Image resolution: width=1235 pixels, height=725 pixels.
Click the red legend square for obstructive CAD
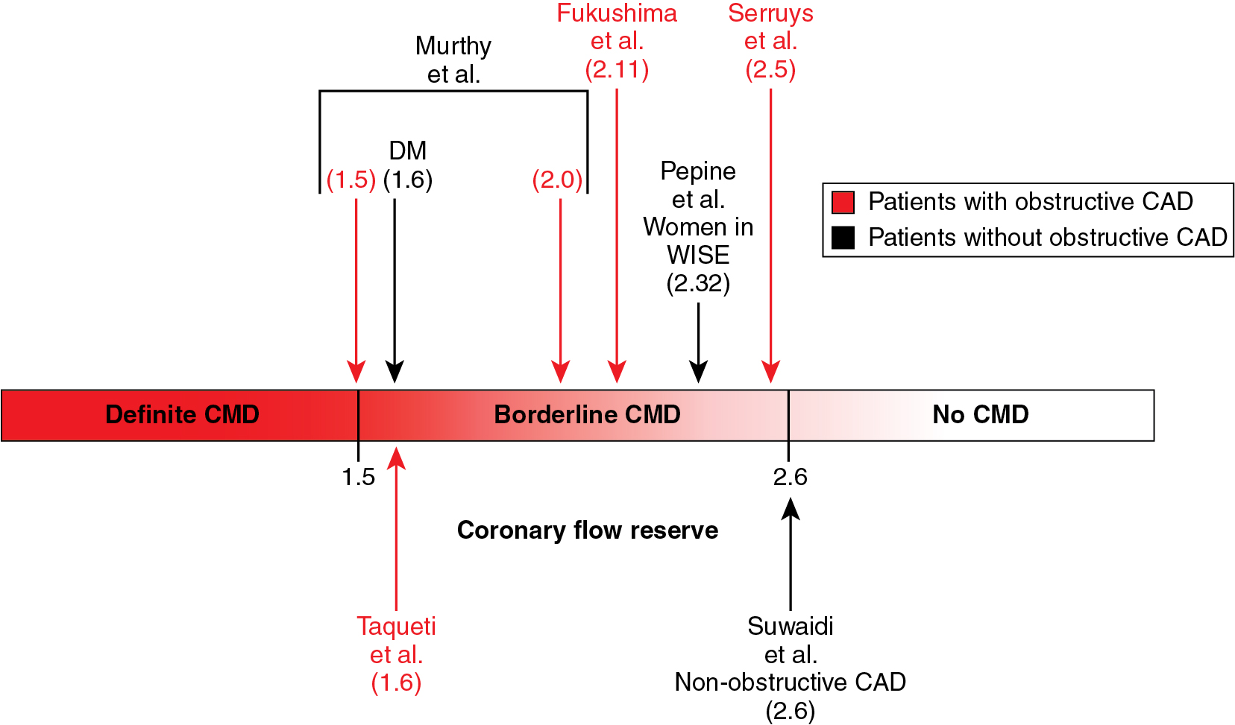coord(843,202)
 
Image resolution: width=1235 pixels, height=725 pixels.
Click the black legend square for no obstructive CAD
coord(843,238)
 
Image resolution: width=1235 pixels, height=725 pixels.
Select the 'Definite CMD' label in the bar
coord(182,414)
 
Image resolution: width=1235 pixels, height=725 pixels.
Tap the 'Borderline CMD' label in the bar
coord(587,414)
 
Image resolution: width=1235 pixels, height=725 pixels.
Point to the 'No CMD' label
coord(980,414)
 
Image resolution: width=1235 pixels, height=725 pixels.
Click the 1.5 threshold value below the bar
coord(358,477)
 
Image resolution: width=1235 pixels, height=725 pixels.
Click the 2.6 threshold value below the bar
coord(790,477)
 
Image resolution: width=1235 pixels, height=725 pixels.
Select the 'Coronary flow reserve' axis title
coord(587,530)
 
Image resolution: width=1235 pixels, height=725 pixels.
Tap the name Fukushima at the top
coord(617,13)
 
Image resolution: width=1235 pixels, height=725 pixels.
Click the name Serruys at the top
coord(770,13)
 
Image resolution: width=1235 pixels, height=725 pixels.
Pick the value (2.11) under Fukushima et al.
coord(617,69)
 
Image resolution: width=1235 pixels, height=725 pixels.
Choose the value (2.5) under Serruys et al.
coord(770,69)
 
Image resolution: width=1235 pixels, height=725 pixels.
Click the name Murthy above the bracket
coord(453,46)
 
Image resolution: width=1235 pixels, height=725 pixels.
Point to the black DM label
coord(407,151)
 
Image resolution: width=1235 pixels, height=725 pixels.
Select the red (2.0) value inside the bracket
coord(557,180)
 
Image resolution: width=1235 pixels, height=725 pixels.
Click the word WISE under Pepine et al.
coord(698,255)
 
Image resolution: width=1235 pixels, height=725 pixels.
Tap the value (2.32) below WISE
coord(698,283)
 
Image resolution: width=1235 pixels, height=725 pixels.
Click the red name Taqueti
coord(396,626)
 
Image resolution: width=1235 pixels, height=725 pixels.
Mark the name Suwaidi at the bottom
coord(791,626)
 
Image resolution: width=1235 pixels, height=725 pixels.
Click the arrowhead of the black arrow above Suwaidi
coord(791,509)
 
